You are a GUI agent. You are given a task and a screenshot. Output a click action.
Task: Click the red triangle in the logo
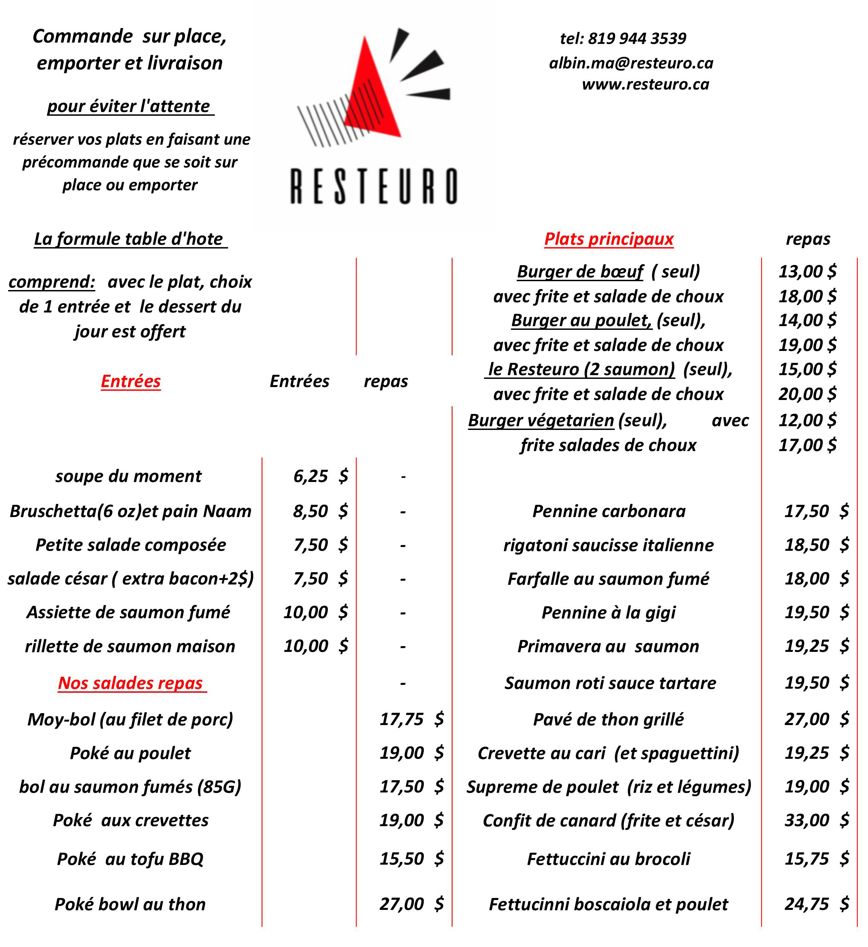pos(371,94)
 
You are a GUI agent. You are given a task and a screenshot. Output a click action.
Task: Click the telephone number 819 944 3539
pos(637,38)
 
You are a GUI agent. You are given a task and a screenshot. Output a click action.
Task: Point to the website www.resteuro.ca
pos(645,84)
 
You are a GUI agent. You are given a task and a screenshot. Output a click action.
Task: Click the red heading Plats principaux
pos(609,239)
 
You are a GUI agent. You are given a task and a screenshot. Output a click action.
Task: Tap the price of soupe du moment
pos(320,476)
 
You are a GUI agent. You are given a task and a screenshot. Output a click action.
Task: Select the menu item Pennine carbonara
pos(609,511)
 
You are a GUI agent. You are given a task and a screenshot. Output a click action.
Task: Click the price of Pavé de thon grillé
pos(816,719)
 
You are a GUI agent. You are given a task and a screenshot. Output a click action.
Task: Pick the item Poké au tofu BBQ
pos(130,859)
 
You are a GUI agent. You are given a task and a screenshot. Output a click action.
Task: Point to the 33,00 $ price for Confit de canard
pos(816,820)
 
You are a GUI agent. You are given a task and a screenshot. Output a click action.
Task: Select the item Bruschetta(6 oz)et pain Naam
pos(131,511)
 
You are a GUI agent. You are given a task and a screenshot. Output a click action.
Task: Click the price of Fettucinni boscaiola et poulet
pos(816,904)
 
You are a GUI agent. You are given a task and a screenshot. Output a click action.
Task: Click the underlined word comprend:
pos(52,282)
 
